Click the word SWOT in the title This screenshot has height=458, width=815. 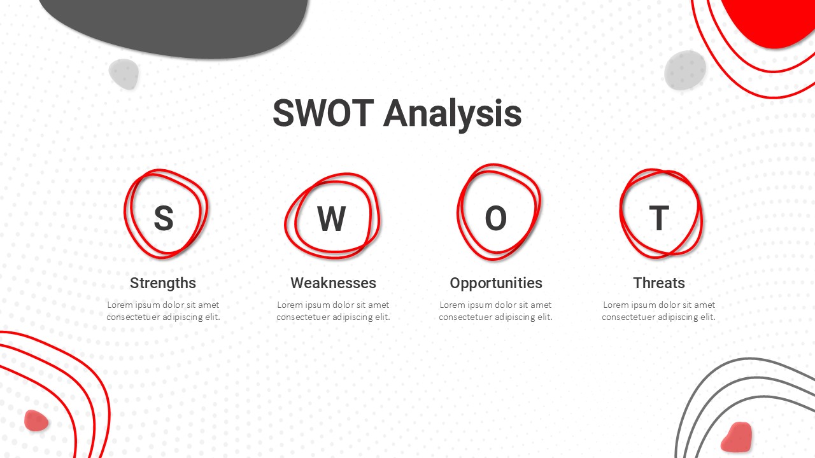[323, 113]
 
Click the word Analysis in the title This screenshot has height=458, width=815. [452, 114]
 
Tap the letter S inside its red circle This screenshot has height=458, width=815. [164, 218]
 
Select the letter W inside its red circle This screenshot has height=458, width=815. [331, 218]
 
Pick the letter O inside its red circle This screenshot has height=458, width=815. [495, 218]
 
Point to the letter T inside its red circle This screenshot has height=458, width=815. [659, 218]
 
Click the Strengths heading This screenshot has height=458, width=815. [163, 283]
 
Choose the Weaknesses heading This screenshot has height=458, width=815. [333, 283]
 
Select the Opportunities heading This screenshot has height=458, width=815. [496, 283]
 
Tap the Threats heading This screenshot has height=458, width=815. [659, 283]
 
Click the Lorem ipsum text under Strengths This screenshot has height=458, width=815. [163, 311]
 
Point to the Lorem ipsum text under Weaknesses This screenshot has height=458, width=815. [333, 311]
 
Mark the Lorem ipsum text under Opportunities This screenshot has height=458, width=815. [495, 311]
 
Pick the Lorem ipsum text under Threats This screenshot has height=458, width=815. [659, 311]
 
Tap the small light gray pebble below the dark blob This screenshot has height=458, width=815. [124, 74]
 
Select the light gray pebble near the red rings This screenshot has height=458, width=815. [684, 70]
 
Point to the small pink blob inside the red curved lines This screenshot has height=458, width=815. [36, 420]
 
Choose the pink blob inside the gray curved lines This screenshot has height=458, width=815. [737, 437]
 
